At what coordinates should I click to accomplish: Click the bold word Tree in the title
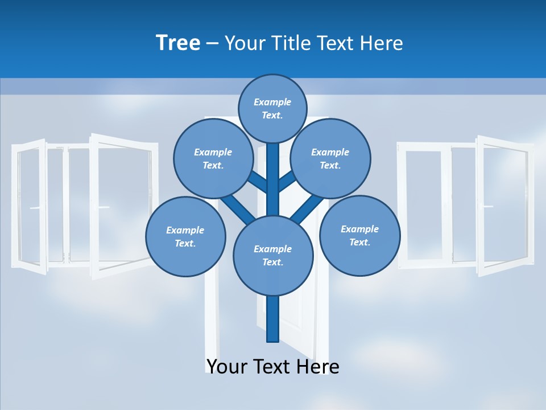(178, 43)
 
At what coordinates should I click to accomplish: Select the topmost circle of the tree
(272, 108)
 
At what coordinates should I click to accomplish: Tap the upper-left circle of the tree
(213, 158)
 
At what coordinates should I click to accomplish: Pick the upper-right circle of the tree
(330, 158)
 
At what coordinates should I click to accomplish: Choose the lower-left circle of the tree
(185, 236)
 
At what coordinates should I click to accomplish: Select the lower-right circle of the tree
(359, 235)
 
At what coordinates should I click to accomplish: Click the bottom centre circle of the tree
(273, 255)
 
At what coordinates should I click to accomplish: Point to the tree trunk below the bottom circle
(273, 319)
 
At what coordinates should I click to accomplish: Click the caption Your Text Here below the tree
(272, 366)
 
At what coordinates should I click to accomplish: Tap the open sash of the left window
(122, 205)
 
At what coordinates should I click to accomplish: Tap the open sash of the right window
(503, 205)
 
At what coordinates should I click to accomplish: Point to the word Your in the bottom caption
(228, 366)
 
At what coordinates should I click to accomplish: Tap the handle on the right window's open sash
(487, 206)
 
